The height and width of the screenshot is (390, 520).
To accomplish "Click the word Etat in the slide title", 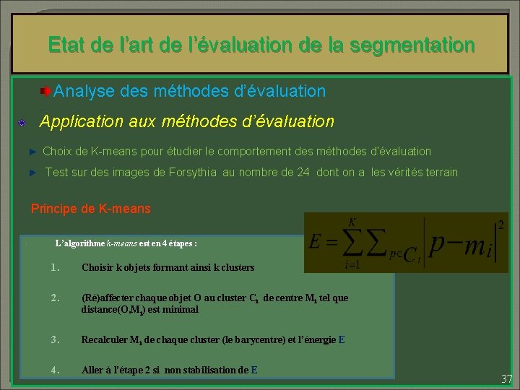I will point(67,45).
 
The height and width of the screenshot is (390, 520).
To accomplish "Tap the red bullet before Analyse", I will point(45,91).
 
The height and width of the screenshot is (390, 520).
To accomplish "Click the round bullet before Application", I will point(23,123).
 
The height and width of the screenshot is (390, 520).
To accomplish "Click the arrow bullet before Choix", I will point(32,152).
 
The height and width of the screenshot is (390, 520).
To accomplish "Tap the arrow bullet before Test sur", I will point(32,173).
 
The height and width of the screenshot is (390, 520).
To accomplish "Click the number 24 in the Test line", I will point(303,173).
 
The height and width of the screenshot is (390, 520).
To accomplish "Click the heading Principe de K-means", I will point(91,209).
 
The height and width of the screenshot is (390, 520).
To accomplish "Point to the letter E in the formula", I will point(315,242).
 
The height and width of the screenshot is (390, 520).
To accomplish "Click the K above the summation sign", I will point(352,221).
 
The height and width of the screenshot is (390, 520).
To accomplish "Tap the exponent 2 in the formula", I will point(500,226).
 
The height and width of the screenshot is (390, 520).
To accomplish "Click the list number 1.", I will point(55,267).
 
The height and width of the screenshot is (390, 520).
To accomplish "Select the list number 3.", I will point(55,339).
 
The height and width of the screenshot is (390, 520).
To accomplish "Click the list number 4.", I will point(55,370).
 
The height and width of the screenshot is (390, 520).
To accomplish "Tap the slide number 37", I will point(506,378).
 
